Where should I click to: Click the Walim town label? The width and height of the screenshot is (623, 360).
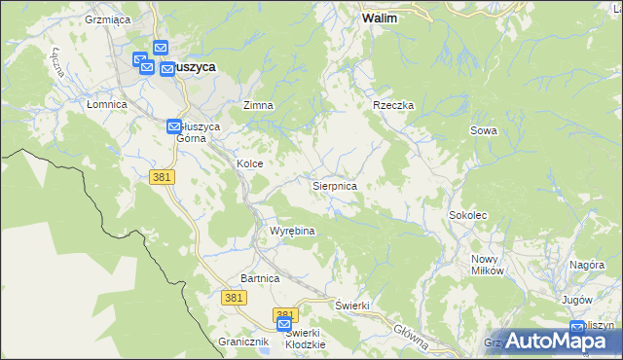point(379,18)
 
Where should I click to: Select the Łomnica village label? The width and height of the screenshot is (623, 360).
point(107,104)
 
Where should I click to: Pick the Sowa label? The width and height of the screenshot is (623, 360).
point(484,130)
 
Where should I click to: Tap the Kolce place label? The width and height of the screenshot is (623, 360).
point(250,163)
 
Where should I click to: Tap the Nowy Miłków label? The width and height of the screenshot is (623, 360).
point(487,265)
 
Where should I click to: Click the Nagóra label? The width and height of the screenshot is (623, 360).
point(588,265)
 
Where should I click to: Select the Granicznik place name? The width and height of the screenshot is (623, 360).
point(242,342)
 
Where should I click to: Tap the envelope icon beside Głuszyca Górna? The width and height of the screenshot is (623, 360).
point(174,126)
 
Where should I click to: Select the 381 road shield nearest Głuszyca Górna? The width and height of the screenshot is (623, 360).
point(162,176)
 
